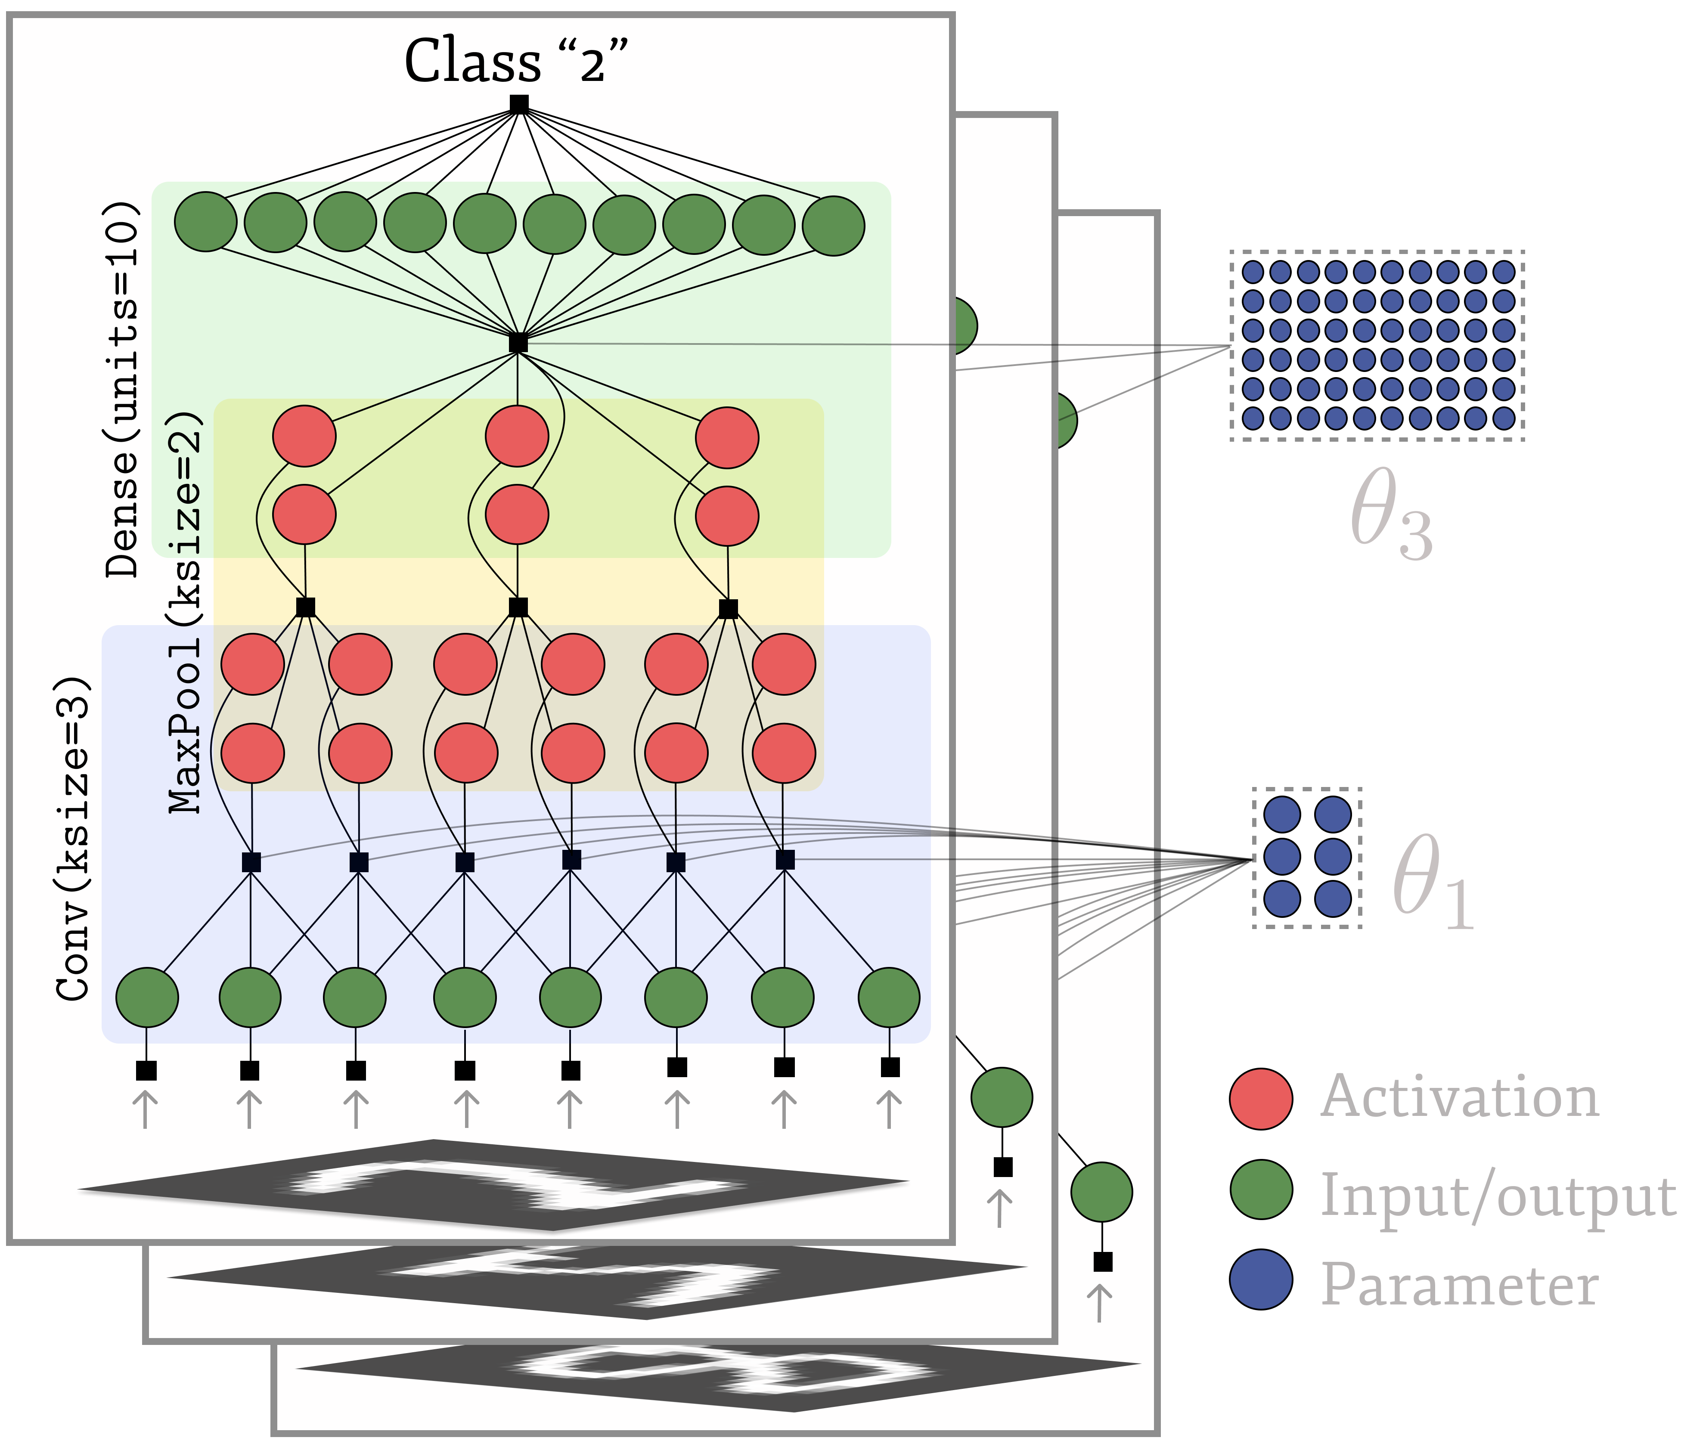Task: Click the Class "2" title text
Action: click(517, 62)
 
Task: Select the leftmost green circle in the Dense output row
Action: click(205, 222)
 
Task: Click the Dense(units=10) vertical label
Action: click(124, 390)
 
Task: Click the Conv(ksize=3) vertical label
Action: click(73, 837)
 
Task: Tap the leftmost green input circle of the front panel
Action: click(147, 997)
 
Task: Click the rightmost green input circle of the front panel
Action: click(889, 997)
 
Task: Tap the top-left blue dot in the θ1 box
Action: click(1283, 815)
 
